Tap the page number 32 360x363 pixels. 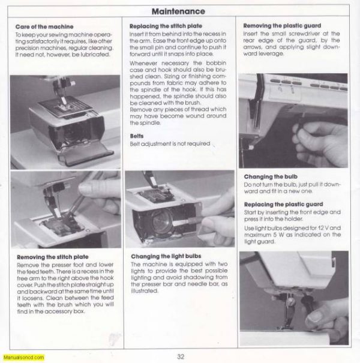pyautogui.click(x=181, y=355)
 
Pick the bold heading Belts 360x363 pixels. pyautogui.click(x=137, y=136)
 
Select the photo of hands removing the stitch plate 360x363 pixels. pyautogui.click(x=65, y=210)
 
